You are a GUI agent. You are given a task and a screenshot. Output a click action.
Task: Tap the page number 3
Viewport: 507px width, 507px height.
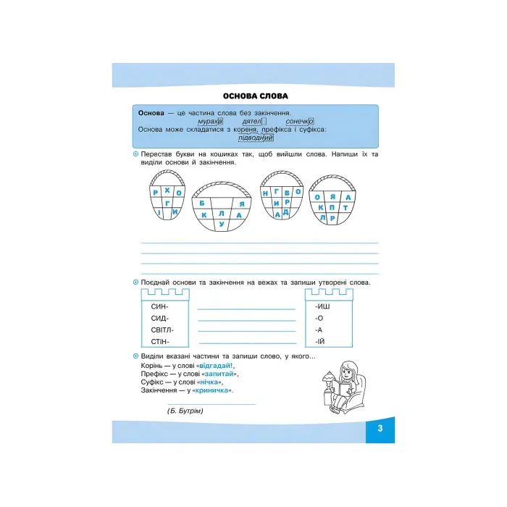coord(380,430)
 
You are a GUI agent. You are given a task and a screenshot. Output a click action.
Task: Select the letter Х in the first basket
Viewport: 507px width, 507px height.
coord(167,190)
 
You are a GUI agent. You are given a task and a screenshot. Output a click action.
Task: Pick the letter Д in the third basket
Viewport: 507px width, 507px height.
coord(286,211)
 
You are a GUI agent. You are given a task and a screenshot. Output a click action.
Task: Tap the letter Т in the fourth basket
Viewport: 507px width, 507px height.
coord(345,207)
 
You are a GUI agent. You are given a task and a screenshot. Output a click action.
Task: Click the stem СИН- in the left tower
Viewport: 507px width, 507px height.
coord(158,308)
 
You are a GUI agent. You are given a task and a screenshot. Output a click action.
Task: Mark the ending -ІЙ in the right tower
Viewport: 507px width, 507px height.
coord(320,340)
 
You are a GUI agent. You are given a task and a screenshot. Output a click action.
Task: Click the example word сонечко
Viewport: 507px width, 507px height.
coord(299,122)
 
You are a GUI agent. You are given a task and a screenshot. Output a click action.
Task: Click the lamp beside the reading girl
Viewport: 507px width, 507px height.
coord(327,377)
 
